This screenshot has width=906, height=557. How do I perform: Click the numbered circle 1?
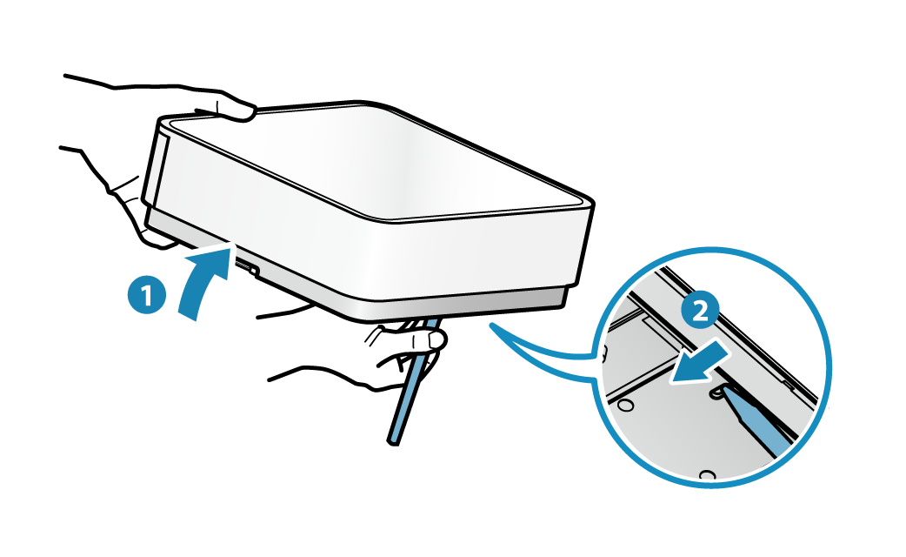[x=147, y=295]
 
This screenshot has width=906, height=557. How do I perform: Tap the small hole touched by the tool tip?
[x=716, y=393]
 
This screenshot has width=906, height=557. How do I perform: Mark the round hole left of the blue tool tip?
[x=624, y=405]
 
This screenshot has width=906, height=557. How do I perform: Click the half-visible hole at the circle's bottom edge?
[x=707, y=475]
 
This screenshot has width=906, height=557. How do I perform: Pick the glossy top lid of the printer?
[x=376, y=161]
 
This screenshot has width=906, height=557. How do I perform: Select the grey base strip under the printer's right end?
[x=463, y=303]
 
